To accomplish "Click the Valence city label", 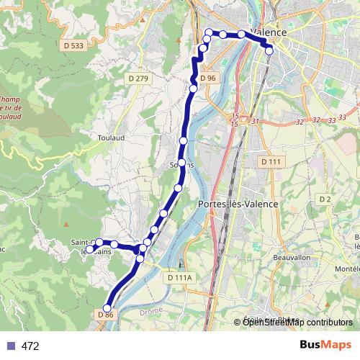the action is (x=269, y=33).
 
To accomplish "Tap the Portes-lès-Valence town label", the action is (x=237, y=204).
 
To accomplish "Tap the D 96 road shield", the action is (x=208, y=78).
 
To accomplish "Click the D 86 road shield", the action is (x=105, y=315).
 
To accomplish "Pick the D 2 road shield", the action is (x=325, y=199).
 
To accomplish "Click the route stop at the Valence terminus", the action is (x=269, y=50).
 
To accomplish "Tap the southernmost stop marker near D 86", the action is (x=107, y=309).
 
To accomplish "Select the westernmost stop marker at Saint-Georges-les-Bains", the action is (x=90, y=249).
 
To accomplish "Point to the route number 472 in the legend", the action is (x=30, y=346).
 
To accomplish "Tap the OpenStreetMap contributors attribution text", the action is (x=297, y=322).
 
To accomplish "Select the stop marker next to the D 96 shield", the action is (x=193, y=89).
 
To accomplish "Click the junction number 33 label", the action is (x=332, y=120).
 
